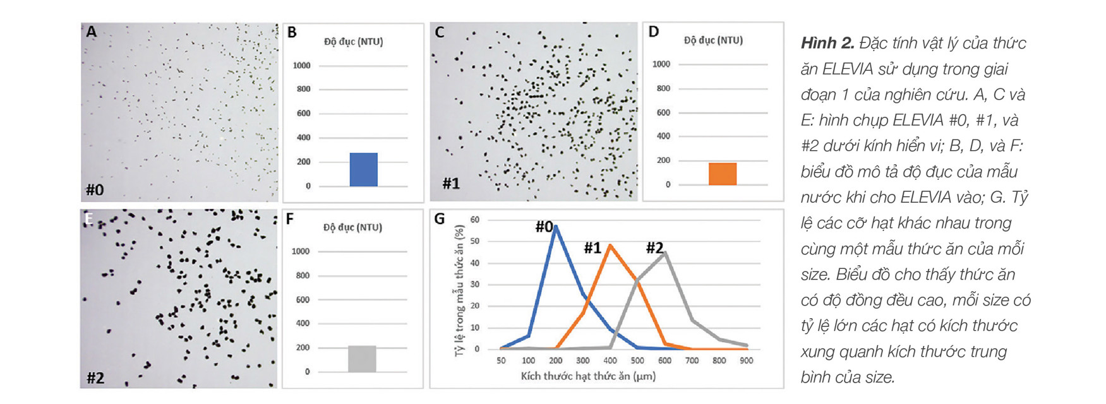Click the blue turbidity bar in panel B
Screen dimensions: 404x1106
363,170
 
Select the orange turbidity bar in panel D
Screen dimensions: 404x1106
723,174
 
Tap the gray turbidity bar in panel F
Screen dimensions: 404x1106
362,359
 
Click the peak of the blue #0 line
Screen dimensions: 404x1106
555,226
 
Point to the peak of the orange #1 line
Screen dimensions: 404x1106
610,245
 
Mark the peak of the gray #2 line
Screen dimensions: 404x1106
665,252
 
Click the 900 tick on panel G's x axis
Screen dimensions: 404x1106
747,360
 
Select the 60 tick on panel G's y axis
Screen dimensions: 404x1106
475,220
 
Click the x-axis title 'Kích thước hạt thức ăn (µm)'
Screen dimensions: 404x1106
588,376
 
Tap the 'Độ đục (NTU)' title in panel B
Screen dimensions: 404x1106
354,42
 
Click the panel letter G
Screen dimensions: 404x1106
440,218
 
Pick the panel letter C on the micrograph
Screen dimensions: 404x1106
440,32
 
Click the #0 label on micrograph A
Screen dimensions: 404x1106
95,189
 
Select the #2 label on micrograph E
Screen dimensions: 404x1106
95,377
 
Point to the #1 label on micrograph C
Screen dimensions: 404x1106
451,184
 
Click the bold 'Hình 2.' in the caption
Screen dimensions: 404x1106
827,43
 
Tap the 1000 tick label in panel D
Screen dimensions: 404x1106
661,64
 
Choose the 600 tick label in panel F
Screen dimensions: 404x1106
303,300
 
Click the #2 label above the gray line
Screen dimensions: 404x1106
655,248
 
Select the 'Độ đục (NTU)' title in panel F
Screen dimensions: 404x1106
353,227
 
